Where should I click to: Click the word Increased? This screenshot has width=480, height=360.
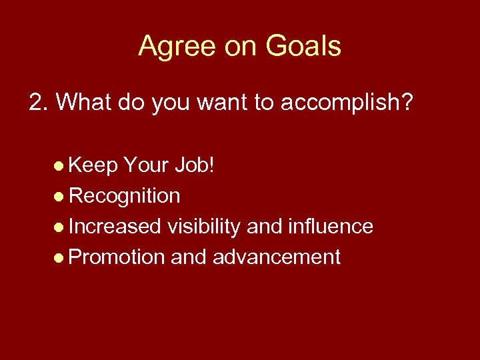pos(115,227)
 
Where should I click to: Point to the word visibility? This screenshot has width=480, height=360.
pos(204,227)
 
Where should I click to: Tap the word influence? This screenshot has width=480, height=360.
pos(331,227)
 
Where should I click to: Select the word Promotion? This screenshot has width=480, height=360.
pos(117,257)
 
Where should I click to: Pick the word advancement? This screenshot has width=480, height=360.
pos(276,257)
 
